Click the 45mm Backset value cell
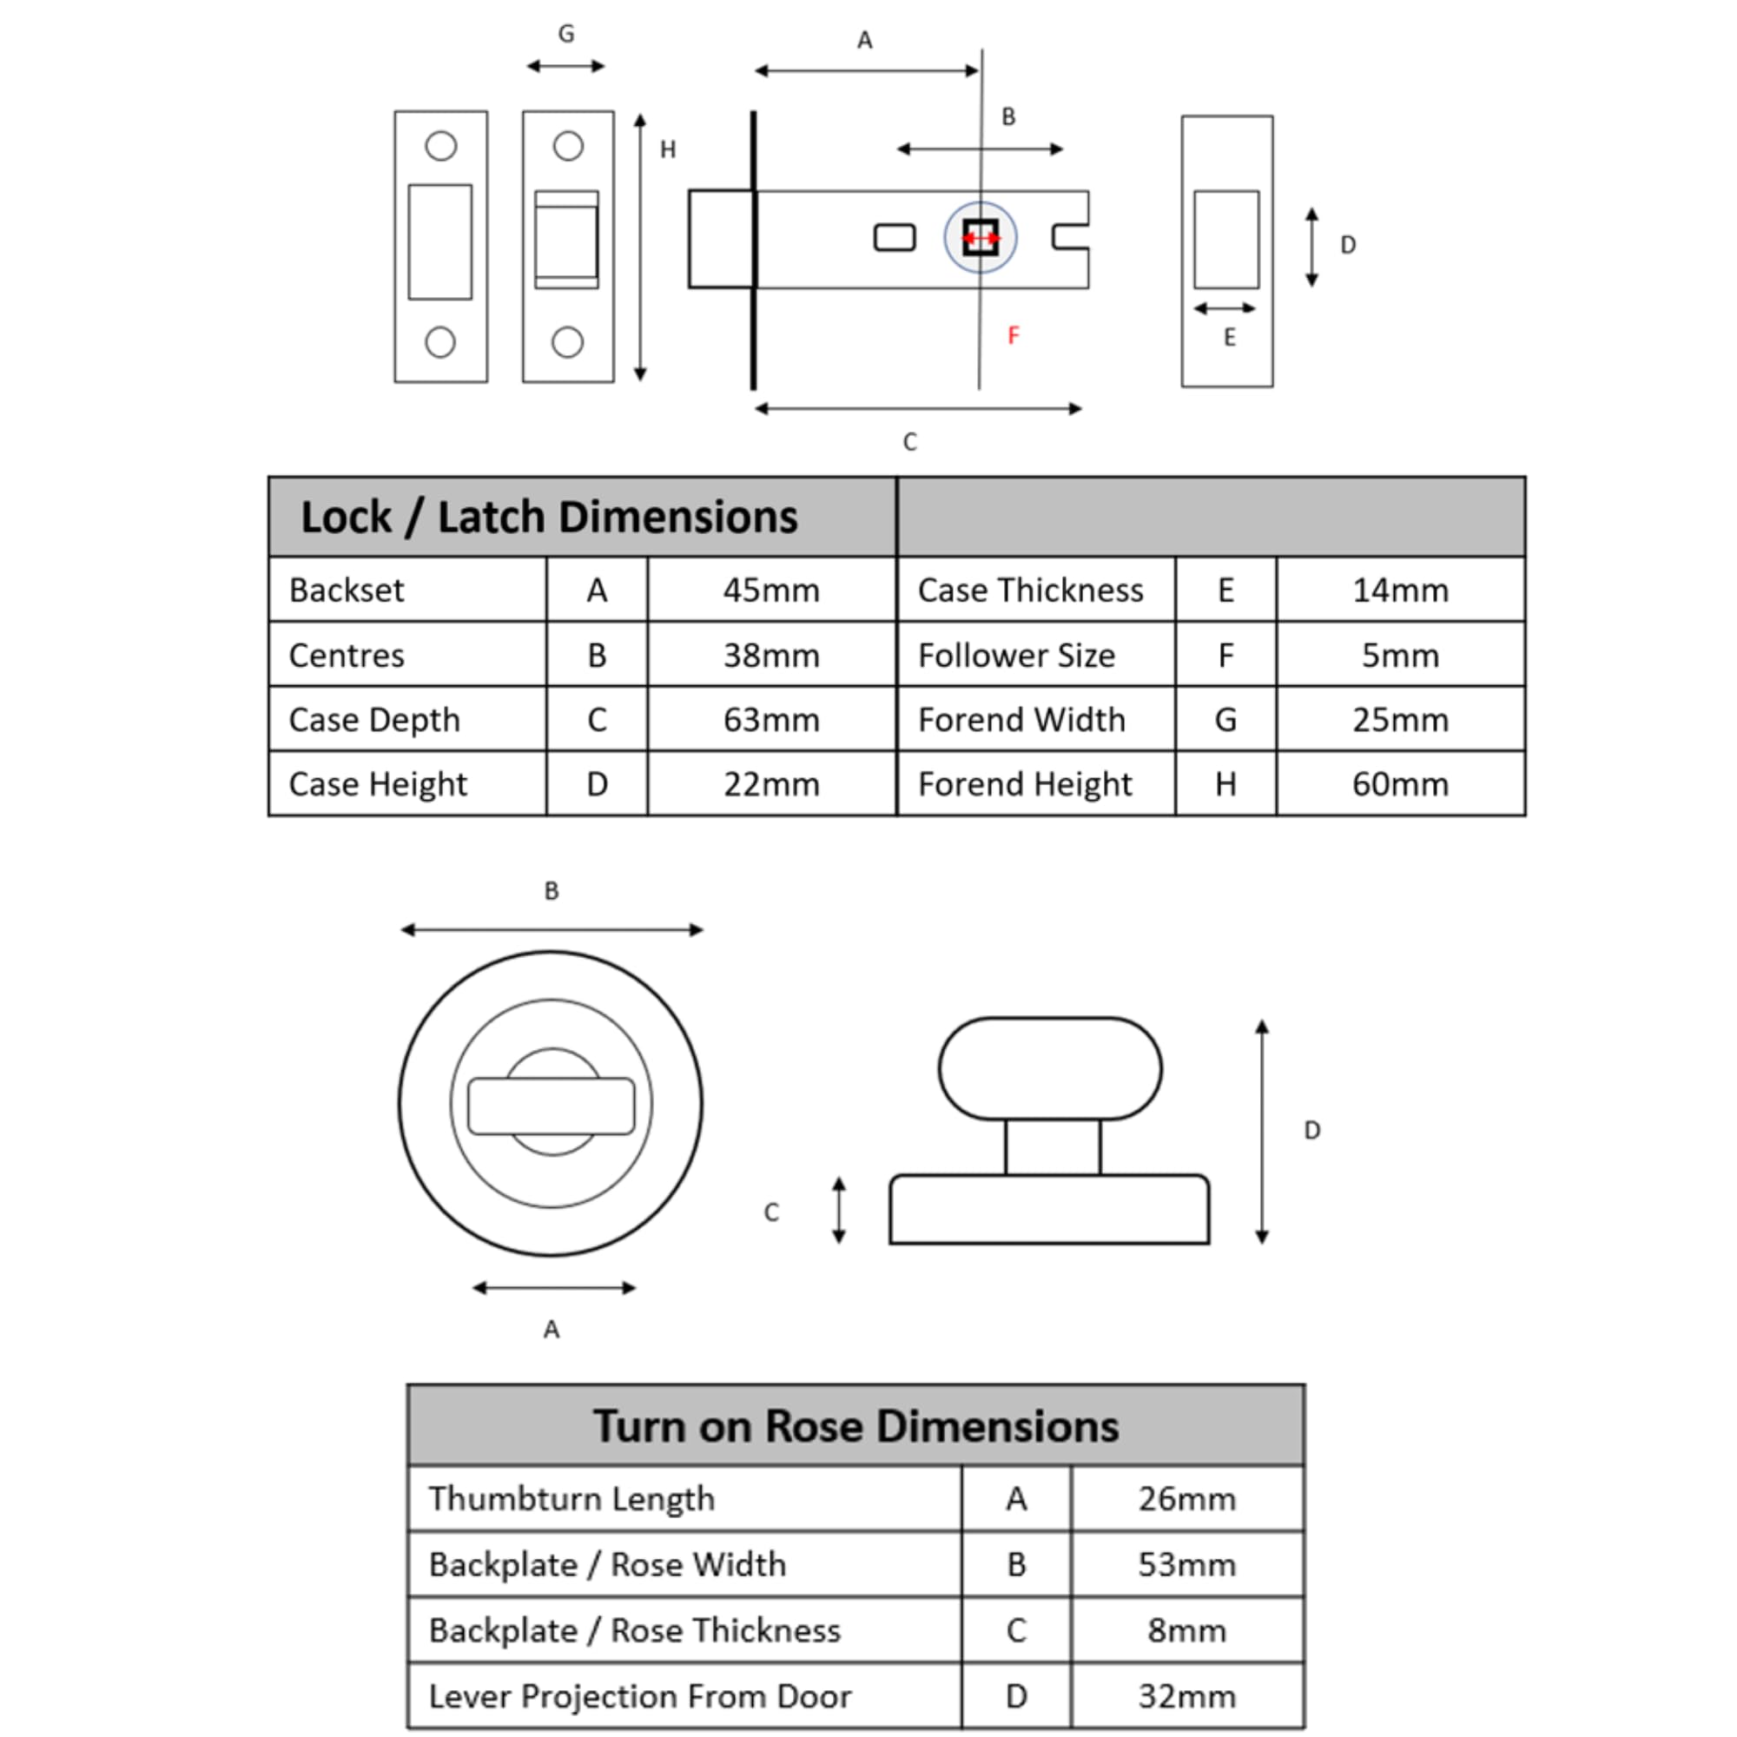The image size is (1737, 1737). click(771, 590)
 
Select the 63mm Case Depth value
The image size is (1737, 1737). click(771, 719)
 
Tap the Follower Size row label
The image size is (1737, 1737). click(1016, 656)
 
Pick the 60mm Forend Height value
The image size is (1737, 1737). click(1400, 784)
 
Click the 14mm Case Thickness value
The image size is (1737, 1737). click(1400, 590)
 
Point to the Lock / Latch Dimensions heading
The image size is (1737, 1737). click(548, 517)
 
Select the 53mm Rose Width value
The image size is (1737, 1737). click(1186, 1564)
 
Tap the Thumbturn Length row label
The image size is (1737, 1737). click(571, 1499)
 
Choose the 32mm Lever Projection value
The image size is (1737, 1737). click(1186, 1695)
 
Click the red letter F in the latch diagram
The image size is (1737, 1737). click(1014, 335)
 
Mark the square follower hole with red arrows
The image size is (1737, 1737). click(980, 238)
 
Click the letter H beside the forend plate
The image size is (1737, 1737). click(667, 149)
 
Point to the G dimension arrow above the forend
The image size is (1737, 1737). click(565, 66)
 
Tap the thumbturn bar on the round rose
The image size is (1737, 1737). click(551, 1106)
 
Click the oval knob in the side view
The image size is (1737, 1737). click(1050, 1069)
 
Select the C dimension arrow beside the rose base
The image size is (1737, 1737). click(839, 1210)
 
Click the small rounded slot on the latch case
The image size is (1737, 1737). click(895, 237)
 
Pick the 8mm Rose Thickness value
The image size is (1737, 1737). click(1186, 1630)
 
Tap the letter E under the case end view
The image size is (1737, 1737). click(1229, 337)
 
